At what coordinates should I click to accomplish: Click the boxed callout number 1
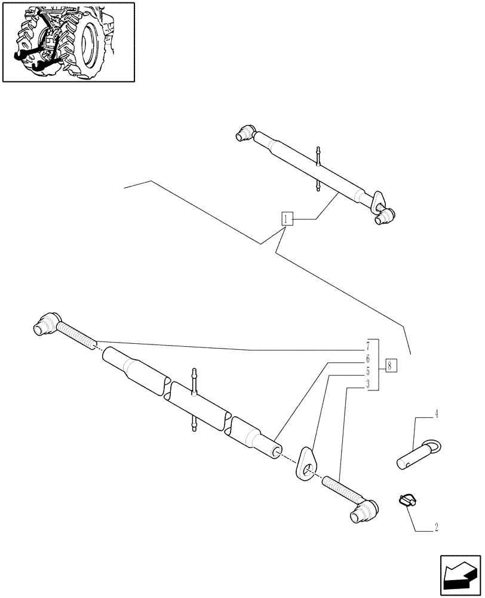[x=287, y=219]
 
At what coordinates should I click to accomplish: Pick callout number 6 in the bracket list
[x=369, y=359]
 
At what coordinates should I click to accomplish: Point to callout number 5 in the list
[x=369, y=371]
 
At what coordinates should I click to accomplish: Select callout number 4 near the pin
[x=436, y=413]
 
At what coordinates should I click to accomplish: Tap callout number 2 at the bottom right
[x=436, y=527]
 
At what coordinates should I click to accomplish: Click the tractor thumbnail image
[x=68, y=41]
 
